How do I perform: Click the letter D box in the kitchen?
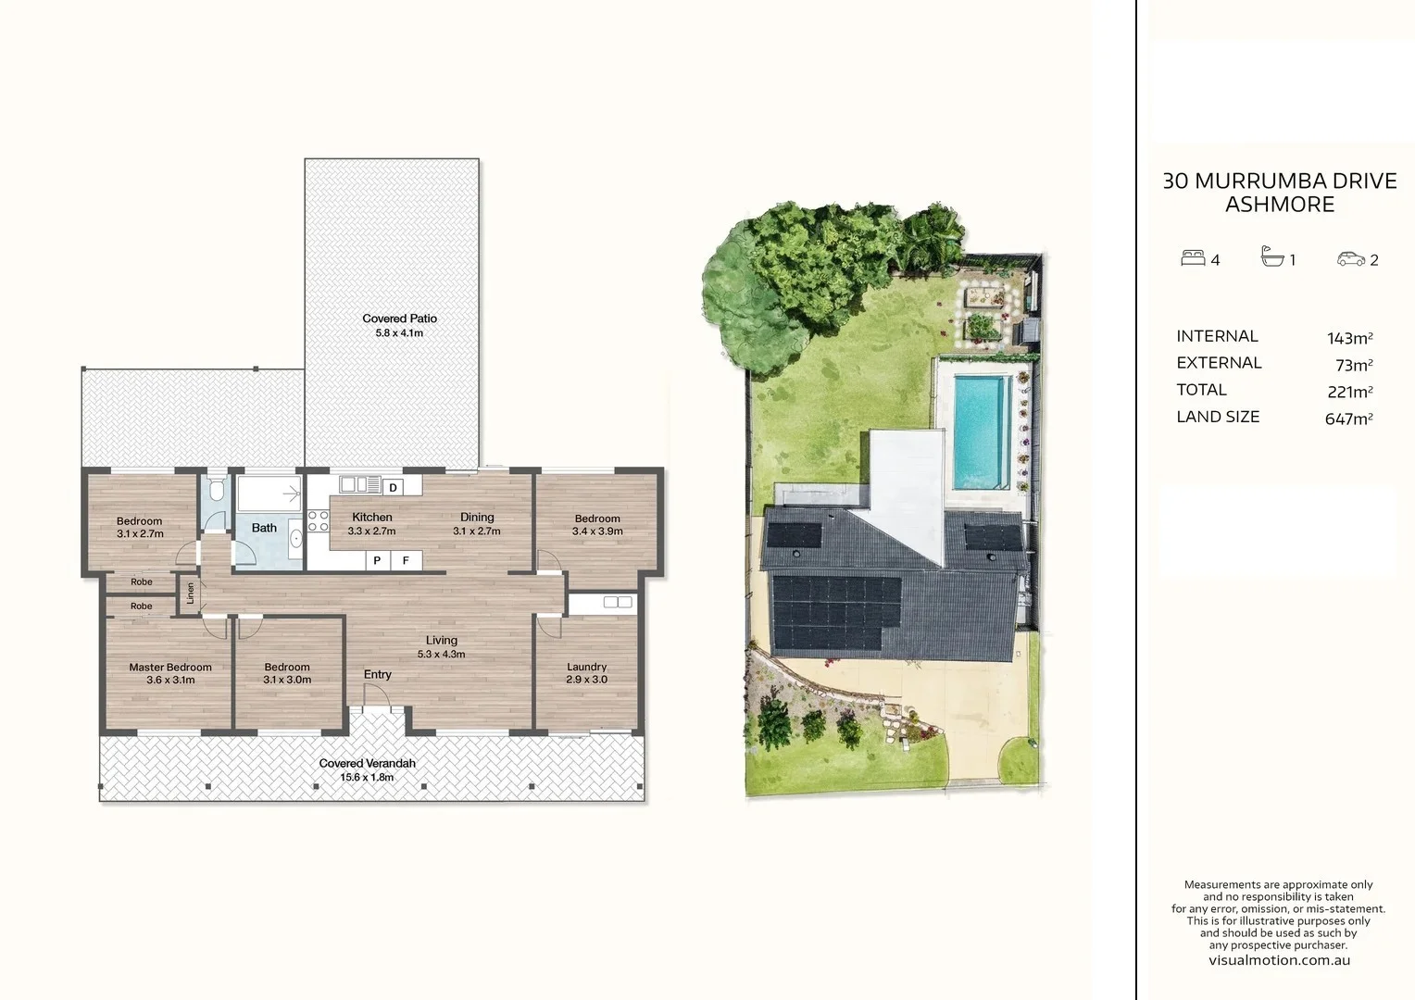(393, 487)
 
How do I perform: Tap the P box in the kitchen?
(377, 560)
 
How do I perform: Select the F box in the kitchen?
(406, 560)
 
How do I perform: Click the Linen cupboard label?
(191, 593)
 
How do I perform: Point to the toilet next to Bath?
(215, 491)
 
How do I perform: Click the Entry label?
(377, 674)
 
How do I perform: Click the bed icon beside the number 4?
(1192, 258)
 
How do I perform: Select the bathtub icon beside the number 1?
(1272, 257)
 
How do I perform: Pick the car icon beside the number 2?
(1350, 259)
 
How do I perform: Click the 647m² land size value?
(1348, 419)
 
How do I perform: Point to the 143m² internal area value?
(1349, 338)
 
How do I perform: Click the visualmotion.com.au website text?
(1279, 960)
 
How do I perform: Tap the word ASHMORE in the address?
(1279, 205)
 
